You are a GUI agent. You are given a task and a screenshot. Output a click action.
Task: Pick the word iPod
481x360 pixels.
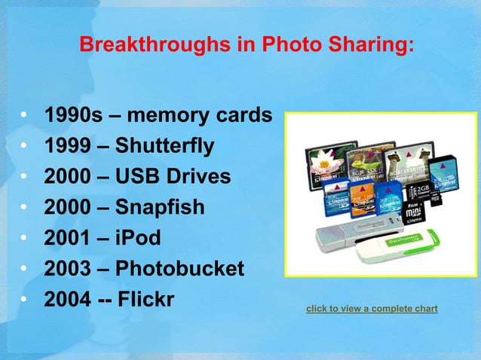click(x=138, y=238)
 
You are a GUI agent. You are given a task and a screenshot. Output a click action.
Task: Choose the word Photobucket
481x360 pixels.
click(x=179, y=269)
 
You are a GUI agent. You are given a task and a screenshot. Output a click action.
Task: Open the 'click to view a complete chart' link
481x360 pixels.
click(x=372, y=309)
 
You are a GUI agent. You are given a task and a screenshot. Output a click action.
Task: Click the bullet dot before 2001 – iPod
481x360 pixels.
click(x=25, y=239)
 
